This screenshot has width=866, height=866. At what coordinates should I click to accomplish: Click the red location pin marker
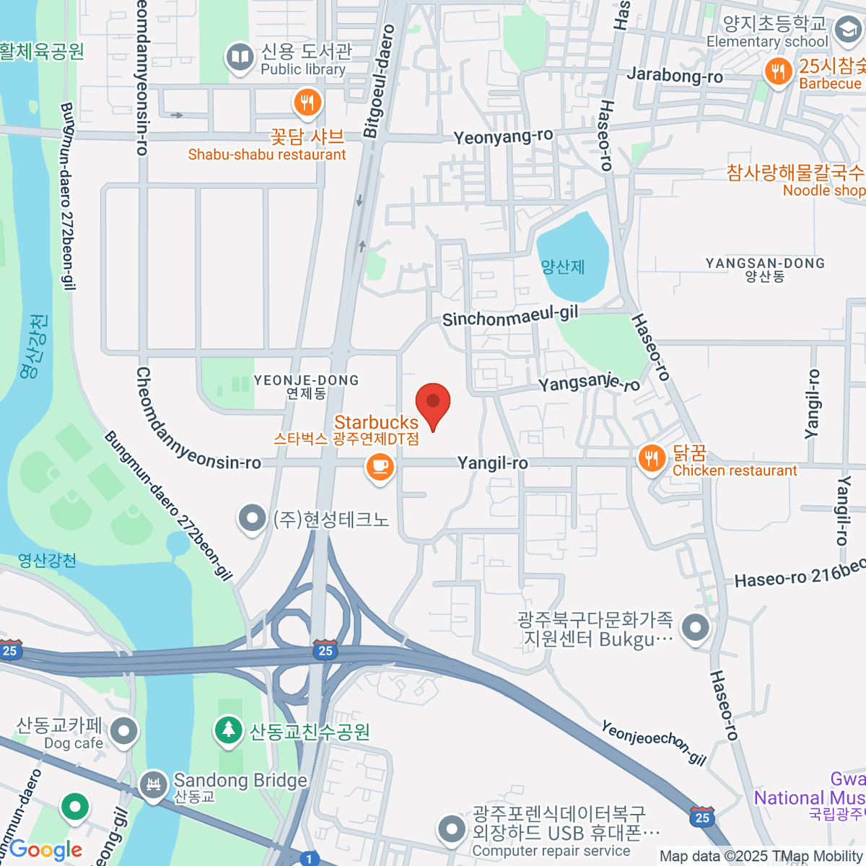pos(433,403)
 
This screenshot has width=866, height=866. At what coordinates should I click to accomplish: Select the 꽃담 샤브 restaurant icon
pos(307,102)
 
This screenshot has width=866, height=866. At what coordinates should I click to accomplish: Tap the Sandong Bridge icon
pos(153,784)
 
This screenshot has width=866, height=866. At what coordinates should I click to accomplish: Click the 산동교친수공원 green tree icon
pos(229,730)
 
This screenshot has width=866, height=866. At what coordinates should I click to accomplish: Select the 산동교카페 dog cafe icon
pos(125,731)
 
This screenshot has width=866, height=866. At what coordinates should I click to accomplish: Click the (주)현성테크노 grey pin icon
pos(252,517)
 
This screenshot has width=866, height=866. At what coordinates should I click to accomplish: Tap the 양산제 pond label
pos(563,267)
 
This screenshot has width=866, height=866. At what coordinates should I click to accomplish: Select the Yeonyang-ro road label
pos(503,136)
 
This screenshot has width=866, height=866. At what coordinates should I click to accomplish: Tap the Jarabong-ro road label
pos(675,75)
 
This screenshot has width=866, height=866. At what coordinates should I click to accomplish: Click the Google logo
pos(46,850)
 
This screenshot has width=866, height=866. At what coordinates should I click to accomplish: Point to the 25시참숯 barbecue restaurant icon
pos(778,72)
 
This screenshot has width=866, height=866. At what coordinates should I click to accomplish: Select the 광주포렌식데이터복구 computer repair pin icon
pos(452,829)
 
